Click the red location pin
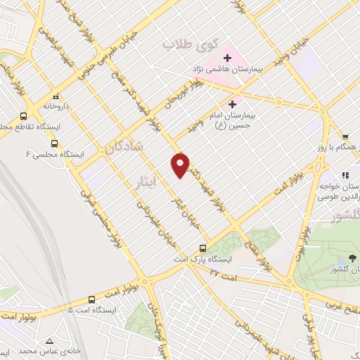pos(181,165)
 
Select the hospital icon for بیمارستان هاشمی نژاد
pos(227,58)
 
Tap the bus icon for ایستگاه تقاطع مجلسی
pos(24,116)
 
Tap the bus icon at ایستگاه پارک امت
pos(202,248)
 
